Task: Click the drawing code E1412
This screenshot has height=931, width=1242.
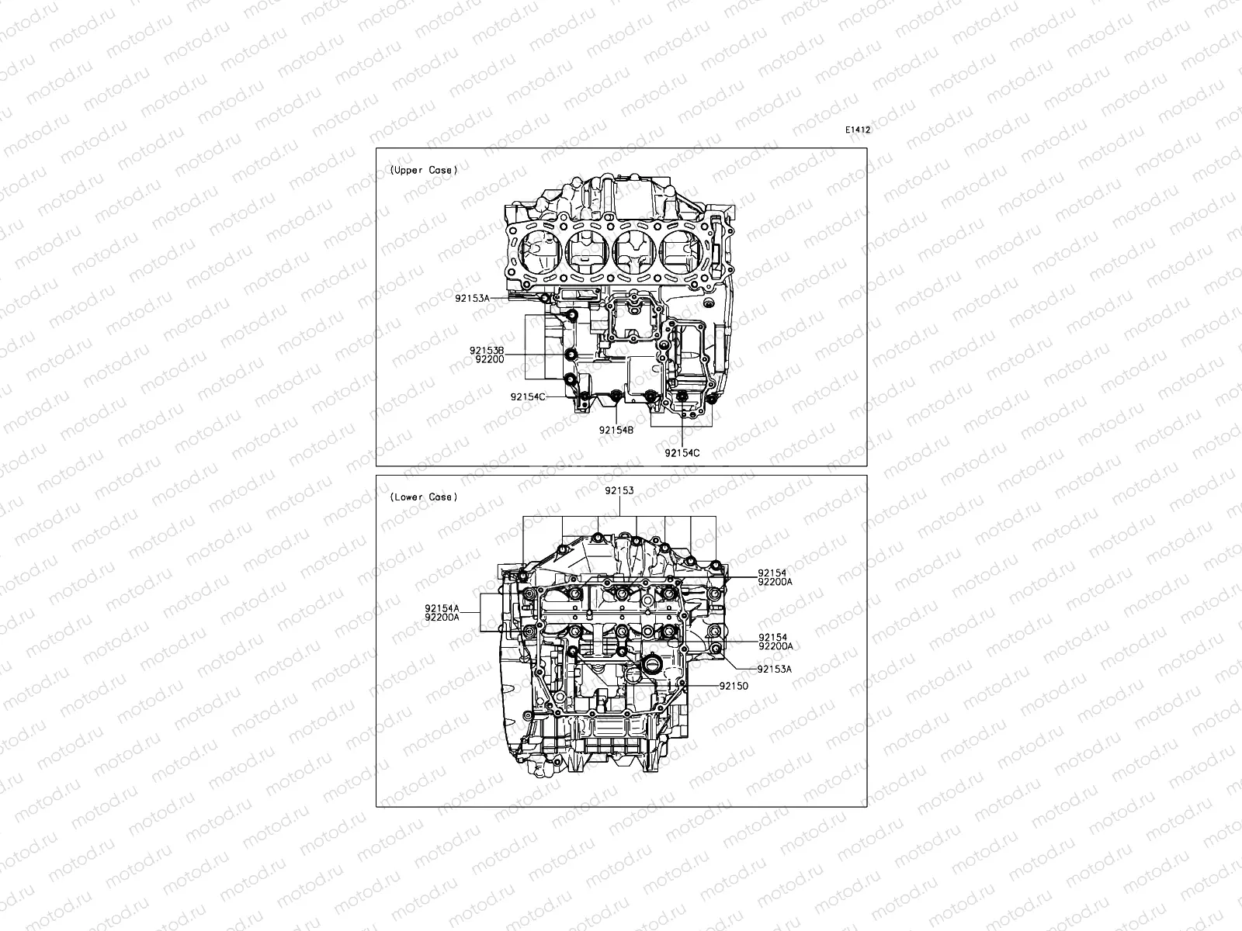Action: click(858, 130)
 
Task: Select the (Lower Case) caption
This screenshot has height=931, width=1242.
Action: click(423, 497)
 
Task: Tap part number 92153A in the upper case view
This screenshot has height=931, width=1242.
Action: click(474, 298)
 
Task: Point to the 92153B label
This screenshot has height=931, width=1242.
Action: click(487, 351)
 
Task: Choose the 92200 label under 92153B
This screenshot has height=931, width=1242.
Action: click(489, 359)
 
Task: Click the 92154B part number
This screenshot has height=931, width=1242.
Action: click(616, 429)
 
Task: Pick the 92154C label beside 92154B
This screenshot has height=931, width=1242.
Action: click(682, 452)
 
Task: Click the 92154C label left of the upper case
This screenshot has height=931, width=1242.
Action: click(528, 396)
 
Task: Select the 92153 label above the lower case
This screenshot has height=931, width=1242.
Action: click(619, 490)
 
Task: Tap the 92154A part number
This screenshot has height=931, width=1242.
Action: click(442, 608)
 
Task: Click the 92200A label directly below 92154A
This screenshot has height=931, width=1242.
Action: click(442, 618)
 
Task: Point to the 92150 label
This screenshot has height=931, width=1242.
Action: click(734, 686)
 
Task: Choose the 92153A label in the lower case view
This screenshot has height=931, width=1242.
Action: click(775, 669)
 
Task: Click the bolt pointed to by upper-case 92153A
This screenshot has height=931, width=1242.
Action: click(546, 298)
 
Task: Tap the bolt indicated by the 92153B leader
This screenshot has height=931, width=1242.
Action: click(572, 355)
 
